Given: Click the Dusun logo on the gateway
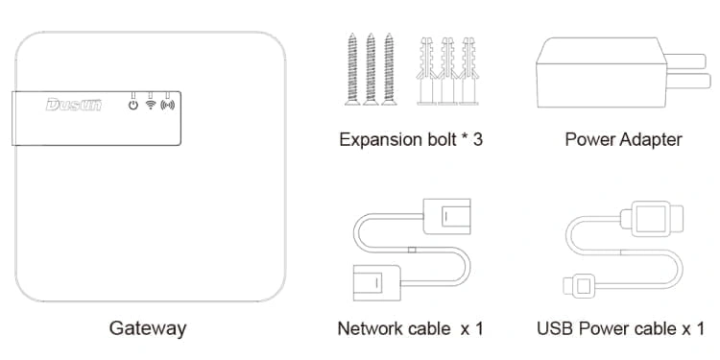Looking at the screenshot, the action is [x=74, y=105].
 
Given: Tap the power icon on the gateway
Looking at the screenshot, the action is [x=133, y=106].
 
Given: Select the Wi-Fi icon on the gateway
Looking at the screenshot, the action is [x=150, y=106].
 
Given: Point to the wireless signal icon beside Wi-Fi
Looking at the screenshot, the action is [x=168, y=106].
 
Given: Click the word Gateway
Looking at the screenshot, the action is [x=148, y=328].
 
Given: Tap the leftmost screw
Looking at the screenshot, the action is [x=352, y=69].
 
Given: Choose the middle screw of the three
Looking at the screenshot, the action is [x=371, y=69].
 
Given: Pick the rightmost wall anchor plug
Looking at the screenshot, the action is [x=468, y=71].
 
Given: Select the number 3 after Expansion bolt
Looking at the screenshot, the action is [x=477, y=139].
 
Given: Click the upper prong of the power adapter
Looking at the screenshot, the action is [x=685, y=61].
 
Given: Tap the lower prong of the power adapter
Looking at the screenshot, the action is [x=688, y=82].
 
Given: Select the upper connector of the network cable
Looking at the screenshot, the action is [x=446, y=216].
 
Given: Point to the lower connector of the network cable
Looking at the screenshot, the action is [x=377, y=283].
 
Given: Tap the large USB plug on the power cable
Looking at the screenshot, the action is [x=652, y=219].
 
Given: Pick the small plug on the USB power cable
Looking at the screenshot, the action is [x=579, y=286].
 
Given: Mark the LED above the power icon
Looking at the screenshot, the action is [x=133, y=95].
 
